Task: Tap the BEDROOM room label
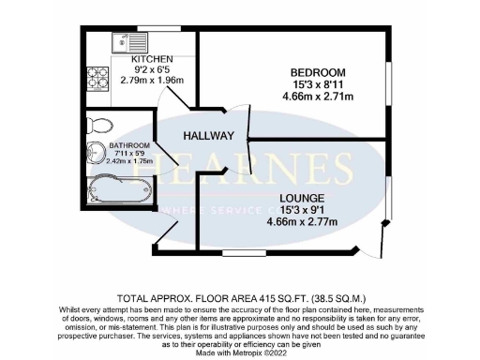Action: (x=318, y=73)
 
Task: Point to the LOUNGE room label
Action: (x=301, y=199)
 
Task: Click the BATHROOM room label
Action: (x=128, y=145)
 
